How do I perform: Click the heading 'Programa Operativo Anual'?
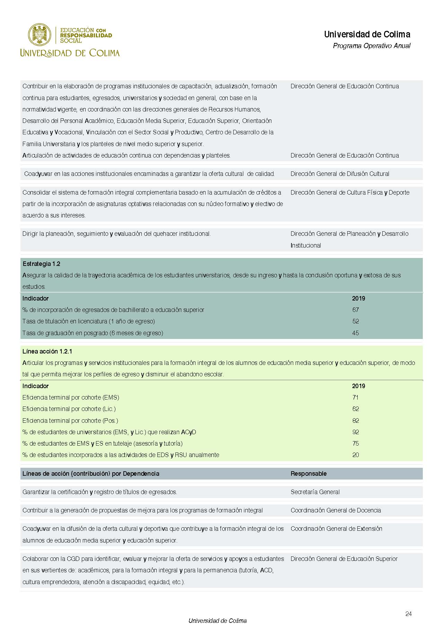371,46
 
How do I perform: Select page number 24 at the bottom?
408,614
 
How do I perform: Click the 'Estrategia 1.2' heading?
41,264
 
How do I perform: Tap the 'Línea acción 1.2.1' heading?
47,351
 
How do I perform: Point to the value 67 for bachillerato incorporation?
355,310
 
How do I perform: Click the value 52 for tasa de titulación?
355,321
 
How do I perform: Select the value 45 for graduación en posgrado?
355,333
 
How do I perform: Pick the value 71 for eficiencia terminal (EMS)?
355,397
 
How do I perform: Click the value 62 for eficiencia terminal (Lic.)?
355,409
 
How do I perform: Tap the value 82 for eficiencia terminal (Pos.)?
355,421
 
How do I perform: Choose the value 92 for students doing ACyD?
355,432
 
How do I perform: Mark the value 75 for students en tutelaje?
355,444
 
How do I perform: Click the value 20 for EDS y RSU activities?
355,455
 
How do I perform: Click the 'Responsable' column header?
308,474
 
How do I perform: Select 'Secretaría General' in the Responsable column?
315,492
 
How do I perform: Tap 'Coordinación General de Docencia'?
335,510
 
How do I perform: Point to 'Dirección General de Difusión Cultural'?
340,174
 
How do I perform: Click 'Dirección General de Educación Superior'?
344,559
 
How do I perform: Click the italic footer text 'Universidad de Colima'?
217,621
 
